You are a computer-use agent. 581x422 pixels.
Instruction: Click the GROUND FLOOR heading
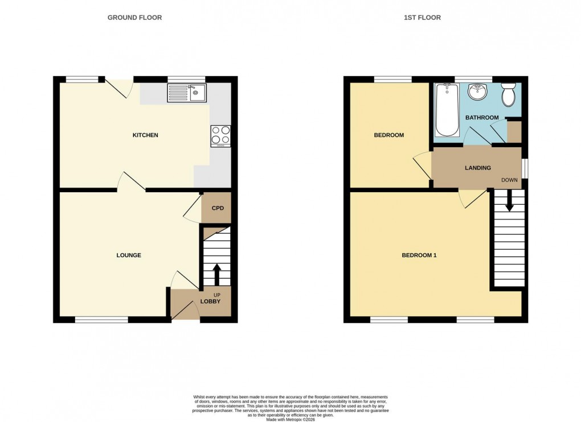point(134,18)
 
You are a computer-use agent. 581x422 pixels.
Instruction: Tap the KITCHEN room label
point(145,135)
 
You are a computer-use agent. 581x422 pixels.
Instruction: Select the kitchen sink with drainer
point(186,93)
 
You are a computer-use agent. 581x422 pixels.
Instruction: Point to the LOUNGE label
point(129,255)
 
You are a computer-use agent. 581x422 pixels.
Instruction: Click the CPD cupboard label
point(218,208)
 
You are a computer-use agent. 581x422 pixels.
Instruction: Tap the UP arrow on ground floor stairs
point(216,274)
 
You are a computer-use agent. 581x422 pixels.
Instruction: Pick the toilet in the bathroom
point(508,94)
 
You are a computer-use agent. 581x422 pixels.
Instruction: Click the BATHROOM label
point(482,118)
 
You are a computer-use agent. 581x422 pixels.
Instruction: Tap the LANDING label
point(477,168)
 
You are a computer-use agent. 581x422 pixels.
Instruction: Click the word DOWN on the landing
point(509,180)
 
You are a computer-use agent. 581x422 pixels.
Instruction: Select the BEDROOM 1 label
point(419,255)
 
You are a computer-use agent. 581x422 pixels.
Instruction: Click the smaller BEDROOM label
point(388,135)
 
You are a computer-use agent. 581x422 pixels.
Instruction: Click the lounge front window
point(101,320)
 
